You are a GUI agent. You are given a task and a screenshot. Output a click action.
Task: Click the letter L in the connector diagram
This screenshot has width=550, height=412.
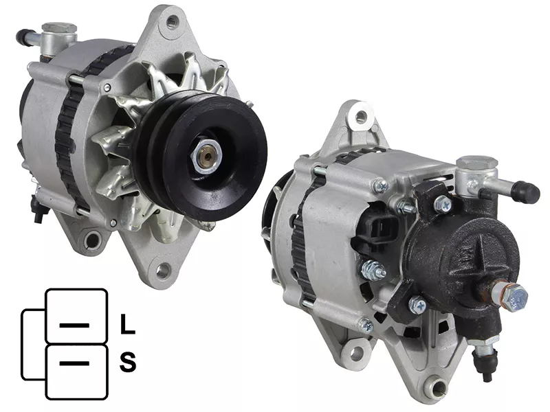point(127,324)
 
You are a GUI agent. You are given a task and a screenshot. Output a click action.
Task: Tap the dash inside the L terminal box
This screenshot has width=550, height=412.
point(74,325)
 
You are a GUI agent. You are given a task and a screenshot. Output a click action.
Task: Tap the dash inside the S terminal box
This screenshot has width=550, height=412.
point(74,363)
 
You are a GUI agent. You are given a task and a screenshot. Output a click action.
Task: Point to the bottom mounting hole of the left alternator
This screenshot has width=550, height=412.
point(162,271)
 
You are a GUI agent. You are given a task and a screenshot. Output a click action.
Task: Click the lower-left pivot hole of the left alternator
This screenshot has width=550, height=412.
point(93,239)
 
